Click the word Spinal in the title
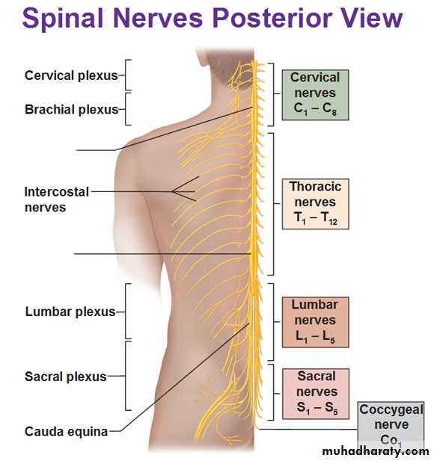point(63,18)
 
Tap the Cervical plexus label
point(71,75)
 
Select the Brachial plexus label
point(72,109)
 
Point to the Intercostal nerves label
point(57,199)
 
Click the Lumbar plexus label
point(70,312)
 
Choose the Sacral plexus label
point(65,377)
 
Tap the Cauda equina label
point(67,432)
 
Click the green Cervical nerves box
point(315,95)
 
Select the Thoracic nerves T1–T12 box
point(315,204)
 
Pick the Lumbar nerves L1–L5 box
point(315,322)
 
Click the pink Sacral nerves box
point(316,394)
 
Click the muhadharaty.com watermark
point(376,451)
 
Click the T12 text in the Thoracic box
point(329,218)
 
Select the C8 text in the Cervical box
point(329,109)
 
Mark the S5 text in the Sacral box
point(331,408)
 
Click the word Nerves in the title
point(158,18)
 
